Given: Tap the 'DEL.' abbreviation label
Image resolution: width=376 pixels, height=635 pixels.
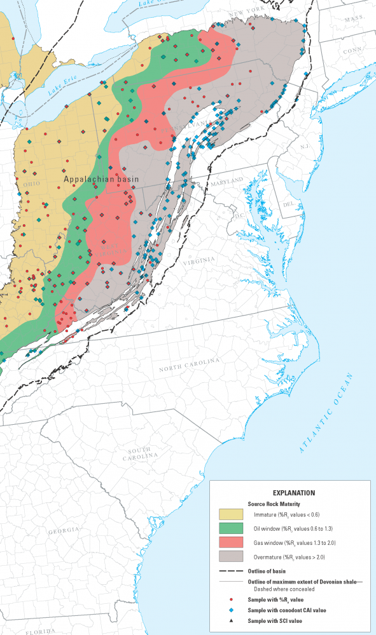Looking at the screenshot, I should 288,204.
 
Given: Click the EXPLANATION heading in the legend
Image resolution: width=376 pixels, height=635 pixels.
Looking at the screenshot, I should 293,492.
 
